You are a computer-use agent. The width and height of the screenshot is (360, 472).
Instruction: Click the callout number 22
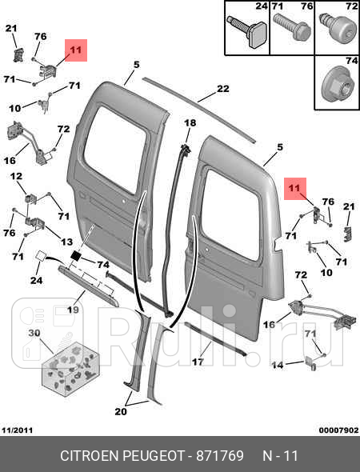pyautogui.click(x=222, y=89)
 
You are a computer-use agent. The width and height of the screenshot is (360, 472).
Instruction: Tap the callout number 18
pyautogui.click(x=190, y=123)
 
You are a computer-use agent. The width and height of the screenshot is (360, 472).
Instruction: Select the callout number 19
pyautogui.click(x=73, y=310)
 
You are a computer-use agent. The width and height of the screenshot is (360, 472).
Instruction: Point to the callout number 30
pyautogui.click(x=34, y=334)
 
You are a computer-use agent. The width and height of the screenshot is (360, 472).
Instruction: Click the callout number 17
pyautogui.click(x=198, y=362)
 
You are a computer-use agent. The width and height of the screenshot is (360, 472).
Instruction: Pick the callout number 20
pyautogui.click(x=121, y=411)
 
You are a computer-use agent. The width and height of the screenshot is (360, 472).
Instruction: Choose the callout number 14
pyautogui.click(x=278, y=365)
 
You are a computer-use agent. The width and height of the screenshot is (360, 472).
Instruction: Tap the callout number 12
pyautogui.click(x=16, y=176)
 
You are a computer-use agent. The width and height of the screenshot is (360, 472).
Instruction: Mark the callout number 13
pyautogui.click(x=66, y=242)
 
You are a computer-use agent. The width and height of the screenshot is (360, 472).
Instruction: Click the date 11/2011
pyautogui.click(x=17, y=430)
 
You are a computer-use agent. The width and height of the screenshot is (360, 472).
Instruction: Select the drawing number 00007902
pyautogui.click(x=338, y=430)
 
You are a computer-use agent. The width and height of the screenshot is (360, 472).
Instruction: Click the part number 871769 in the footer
pyautogui.click(x=220, y=456)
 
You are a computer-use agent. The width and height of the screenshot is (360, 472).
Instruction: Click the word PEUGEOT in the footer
pyautogui.click(x=154, y=456)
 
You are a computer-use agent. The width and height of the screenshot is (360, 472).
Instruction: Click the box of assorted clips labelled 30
pyautogui.click(x=70, y=369)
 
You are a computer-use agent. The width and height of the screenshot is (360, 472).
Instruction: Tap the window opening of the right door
pyautogui.click(x=230, y=215)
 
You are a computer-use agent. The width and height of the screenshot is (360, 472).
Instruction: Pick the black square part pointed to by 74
pyautogui.click(x=76, y=255)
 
